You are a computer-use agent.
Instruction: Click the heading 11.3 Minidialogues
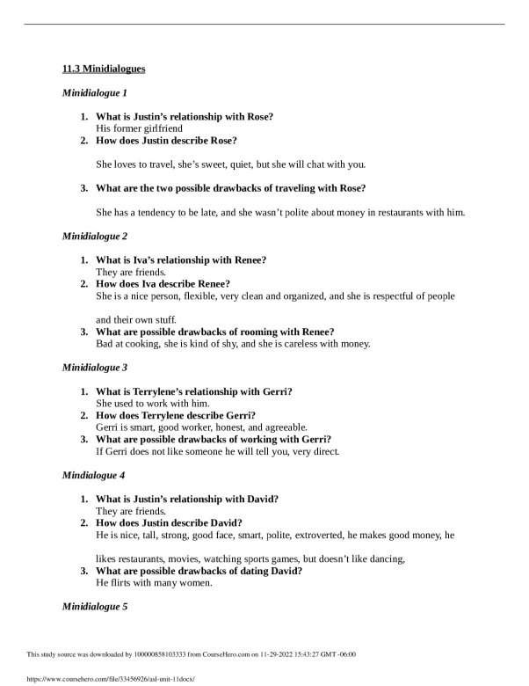point(104,69)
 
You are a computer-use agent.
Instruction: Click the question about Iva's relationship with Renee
point(181,259)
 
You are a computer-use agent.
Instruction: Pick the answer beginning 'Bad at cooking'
point(233,343)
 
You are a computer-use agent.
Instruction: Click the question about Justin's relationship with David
point(187,499)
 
